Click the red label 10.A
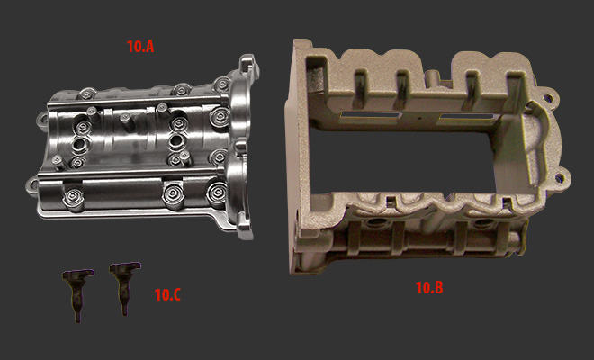click(140, 46)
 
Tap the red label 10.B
click(429, 288)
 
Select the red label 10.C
click(167, 295)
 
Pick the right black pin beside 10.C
click(124, 287)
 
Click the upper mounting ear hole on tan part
click(547, 100)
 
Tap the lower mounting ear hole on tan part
click(558, 177)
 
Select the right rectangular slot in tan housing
click(466, 117)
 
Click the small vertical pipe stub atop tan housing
click(432, 78)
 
